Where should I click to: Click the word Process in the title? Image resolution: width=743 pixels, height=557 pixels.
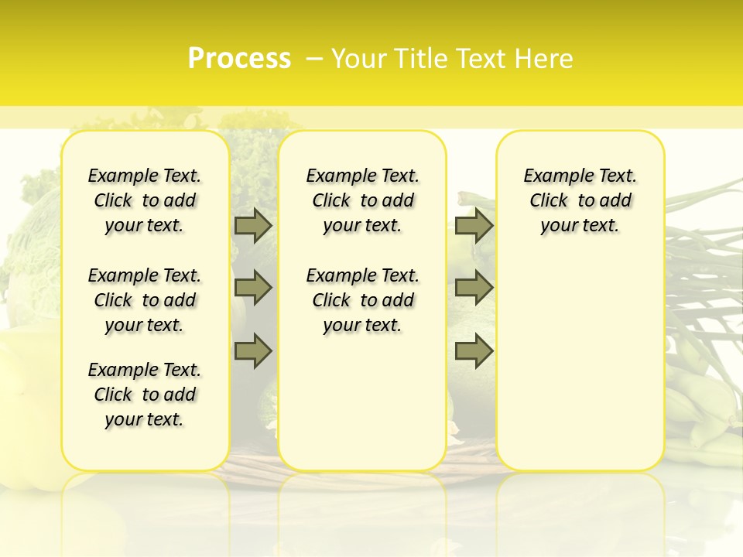239,59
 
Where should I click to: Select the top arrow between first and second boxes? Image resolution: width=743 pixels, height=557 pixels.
252,225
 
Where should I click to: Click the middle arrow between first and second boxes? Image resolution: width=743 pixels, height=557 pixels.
252,288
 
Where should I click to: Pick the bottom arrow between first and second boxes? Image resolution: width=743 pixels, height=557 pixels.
252,351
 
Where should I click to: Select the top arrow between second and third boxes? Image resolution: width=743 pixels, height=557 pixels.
474,225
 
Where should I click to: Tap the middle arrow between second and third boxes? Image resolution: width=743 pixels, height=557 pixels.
474,288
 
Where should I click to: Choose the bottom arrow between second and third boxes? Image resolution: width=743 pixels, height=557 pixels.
474,351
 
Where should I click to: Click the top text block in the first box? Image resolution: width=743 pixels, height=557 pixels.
145,200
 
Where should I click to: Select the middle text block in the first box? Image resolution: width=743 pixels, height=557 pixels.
145,300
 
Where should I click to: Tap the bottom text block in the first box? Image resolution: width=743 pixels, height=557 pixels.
145,395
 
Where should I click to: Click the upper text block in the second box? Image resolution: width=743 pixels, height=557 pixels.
362,200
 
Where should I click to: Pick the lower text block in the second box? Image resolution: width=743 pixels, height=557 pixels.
362,300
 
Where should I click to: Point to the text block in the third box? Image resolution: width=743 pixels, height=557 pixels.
580,200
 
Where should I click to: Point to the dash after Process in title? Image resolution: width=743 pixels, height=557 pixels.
314,59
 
